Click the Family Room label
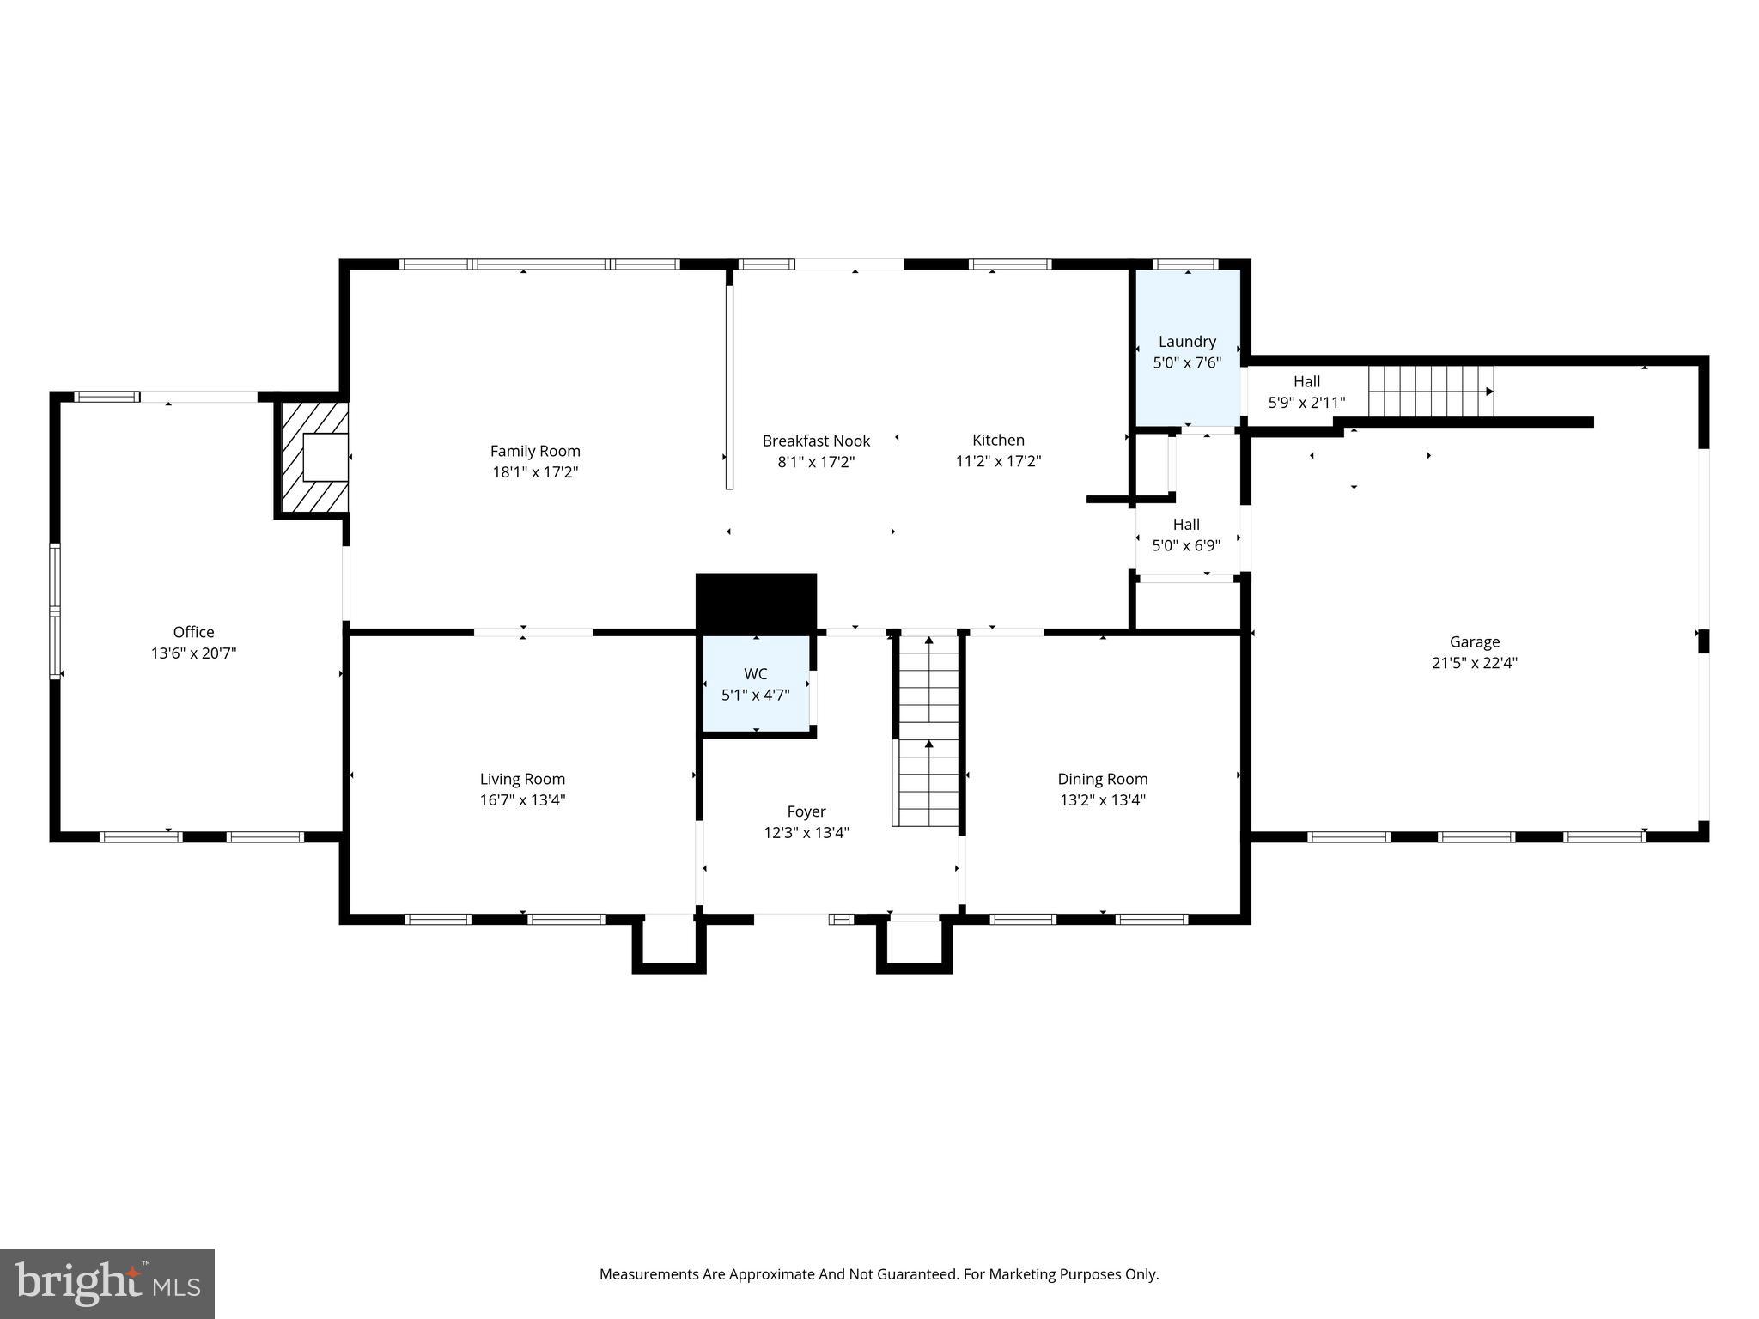click(x=535, y=451)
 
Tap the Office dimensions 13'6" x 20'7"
click(x=193, y=653)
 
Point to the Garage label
click(x=1474, y=641)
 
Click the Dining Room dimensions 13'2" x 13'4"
click(x=1102, y=800)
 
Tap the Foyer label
click(x=806, y=811)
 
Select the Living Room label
click(x=522, y=779)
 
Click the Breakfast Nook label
click(x=816, y=441)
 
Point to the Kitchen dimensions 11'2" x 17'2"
click(x=998, y=461)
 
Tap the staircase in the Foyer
click(x=928, y=730)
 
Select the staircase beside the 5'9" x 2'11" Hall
click(x=1430, y=391)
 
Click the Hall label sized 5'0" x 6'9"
click(x=1186, y=524)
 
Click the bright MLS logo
click(x=107, y=1283)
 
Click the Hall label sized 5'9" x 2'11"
click(x=1306, y=381)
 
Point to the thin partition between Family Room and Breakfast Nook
click(x=729, y=386)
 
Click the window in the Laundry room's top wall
click(x=1184, y=264)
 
